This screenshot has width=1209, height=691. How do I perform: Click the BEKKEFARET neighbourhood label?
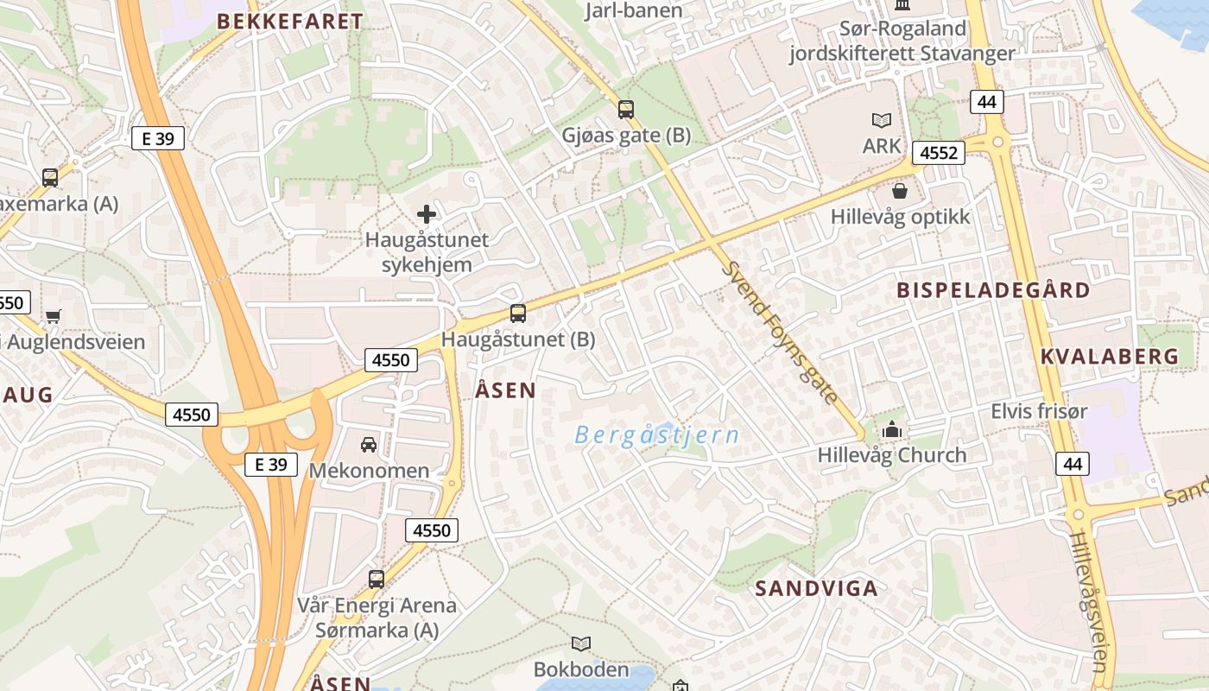pos(289,22)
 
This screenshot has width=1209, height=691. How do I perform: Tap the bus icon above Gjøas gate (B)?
pos(626,110)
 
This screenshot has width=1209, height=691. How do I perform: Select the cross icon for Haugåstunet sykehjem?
pos(427,214)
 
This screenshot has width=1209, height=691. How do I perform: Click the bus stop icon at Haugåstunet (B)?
pos(518,314)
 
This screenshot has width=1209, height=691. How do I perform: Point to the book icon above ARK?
pos(882,121)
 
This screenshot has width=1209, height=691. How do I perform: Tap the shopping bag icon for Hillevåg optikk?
pos(901,191)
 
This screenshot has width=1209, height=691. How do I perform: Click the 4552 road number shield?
pos(939,153)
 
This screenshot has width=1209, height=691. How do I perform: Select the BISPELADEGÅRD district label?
pos(993,290)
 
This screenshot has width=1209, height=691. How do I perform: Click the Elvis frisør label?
pos(1039,411)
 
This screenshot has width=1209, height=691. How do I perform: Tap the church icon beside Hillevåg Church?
pos(892,429)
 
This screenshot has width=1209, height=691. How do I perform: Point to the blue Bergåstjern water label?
pos(656,434)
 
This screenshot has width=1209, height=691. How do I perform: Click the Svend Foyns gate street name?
pos(781,333)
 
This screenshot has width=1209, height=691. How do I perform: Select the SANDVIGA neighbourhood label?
pos(816,589)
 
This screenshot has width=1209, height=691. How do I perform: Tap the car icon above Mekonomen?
pos(369,445)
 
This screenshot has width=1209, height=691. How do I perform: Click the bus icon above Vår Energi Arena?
pos(377,580)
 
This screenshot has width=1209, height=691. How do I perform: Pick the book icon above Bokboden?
pos(581,643)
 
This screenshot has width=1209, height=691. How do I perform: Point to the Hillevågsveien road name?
pos(1086,600)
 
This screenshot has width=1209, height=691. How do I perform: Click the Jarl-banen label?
pos(634,10)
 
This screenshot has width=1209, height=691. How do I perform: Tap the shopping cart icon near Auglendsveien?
pos(54,316)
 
